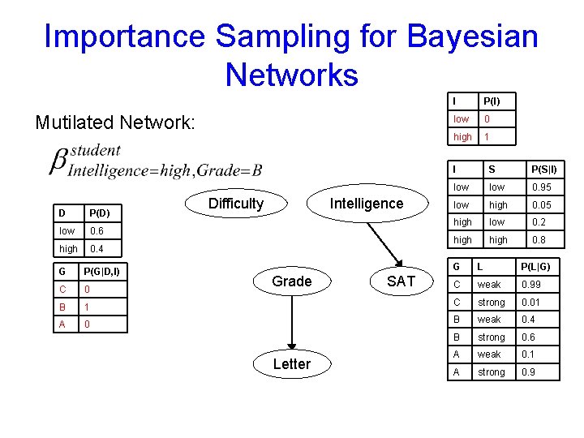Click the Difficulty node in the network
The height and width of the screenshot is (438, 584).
coord(235,204)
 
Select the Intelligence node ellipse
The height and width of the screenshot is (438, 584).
coord(366,204)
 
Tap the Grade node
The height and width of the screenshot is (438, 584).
coord(291,281)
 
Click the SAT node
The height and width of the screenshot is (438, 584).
coord(401,281)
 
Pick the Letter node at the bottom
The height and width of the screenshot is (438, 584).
coord(291,364)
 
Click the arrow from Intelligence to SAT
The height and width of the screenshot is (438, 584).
coord(384,243)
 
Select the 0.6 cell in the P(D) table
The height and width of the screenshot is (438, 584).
coord(97,231)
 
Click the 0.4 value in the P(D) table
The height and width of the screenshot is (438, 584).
coord(97,249)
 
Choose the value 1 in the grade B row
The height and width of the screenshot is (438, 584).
coord(87,307)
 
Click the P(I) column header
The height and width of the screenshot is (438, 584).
coord(492,101)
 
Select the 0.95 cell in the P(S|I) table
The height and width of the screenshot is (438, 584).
coord(540,187)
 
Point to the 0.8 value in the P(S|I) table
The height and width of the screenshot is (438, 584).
coord(539,240)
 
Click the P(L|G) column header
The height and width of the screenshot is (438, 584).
coord(536,266)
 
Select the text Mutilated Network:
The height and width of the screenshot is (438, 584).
coord(115,122)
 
